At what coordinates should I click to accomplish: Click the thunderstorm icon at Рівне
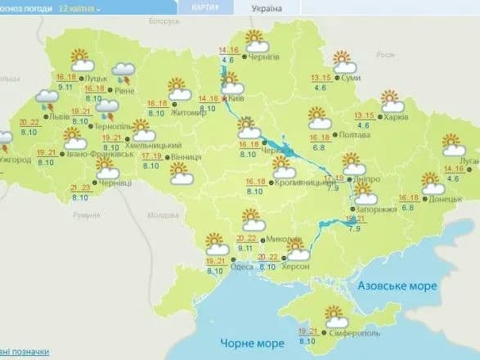123,74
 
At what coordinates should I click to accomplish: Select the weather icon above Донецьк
433,182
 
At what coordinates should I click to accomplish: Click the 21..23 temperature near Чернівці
80,187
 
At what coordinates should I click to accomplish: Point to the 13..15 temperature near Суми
321,79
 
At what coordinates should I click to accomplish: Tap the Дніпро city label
357,178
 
